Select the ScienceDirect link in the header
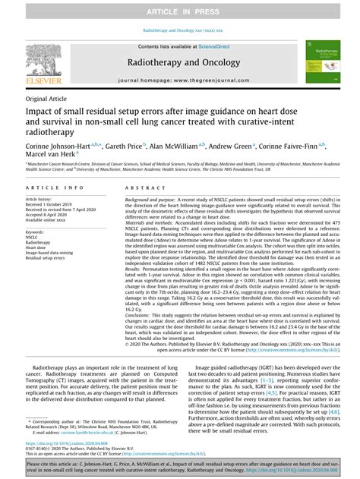point(214,46)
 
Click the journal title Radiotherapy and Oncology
point(179,62)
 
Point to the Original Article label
point(45,99)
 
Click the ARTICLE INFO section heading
point(55,188)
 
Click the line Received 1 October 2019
point(54,205)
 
